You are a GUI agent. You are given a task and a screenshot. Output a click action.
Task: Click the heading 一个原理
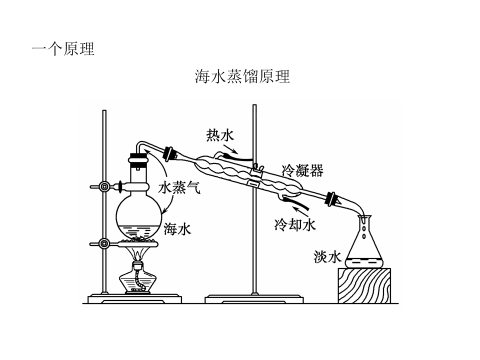tap(63, 49)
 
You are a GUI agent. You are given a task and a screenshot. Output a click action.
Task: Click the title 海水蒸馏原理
tap(242, 76)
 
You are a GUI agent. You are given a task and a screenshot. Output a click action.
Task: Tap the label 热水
tap(220, 135)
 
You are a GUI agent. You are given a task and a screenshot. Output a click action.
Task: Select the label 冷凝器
tap(302, 170)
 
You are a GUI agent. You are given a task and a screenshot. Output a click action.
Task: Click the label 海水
tap(177, 228)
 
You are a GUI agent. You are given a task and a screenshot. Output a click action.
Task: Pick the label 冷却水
tap(295, 225)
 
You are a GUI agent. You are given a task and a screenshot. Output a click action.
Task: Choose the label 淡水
tap(327, 256)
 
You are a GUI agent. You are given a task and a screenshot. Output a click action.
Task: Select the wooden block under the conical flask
tap(364, 285)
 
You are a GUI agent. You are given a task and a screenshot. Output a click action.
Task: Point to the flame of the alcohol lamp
tap(138, 254)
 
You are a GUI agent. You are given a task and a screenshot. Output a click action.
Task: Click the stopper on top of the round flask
tap(138, 158)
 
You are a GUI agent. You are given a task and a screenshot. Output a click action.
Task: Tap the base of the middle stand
tap(254, 299)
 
